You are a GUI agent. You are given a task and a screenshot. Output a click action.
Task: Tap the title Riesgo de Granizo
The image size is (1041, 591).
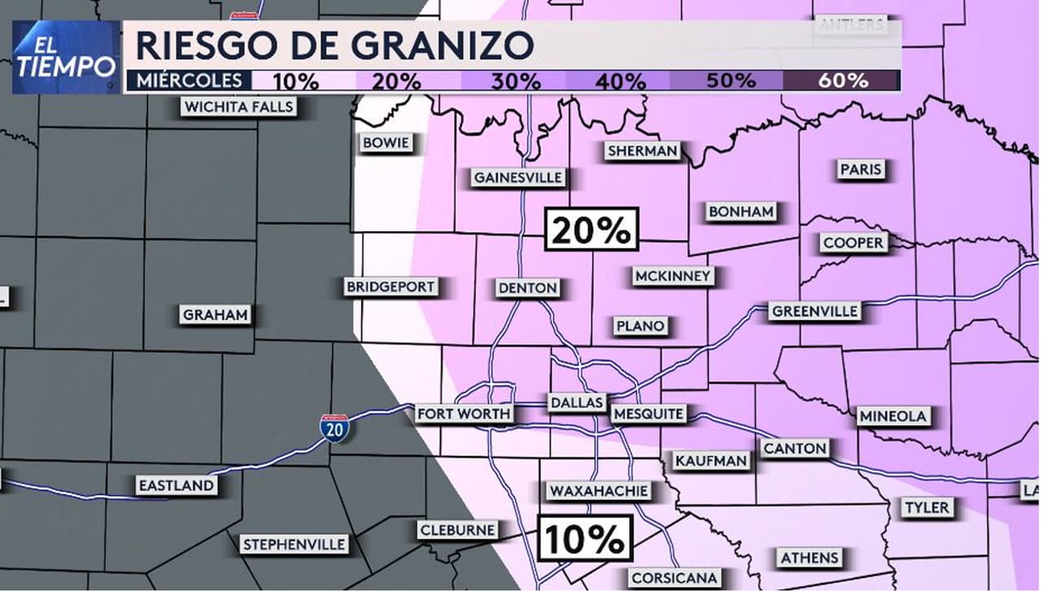point(334,45)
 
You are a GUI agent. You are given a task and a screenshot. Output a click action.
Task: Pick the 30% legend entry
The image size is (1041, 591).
point(516,81)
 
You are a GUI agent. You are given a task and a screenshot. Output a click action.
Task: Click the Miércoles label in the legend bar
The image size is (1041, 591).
point(189,80)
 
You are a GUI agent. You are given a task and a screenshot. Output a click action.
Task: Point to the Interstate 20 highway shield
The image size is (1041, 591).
point(334,427)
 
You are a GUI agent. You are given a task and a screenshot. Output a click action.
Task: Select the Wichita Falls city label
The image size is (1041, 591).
point(238,107)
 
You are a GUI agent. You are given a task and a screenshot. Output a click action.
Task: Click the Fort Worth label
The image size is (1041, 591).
point(464,414)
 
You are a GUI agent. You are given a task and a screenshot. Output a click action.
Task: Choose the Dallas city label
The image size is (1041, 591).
point(577,402)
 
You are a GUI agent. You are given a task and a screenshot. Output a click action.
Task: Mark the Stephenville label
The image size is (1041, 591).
point(294,544)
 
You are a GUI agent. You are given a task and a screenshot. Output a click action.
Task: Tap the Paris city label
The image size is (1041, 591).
point(860,169)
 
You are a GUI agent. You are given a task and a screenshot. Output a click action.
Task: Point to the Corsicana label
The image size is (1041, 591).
point(674,578)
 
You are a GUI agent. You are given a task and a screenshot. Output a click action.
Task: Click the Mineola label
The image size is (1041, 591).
point(893,416)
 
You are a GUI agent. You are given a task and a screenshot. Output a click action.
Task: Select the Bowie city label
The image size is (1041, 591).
point(385,143)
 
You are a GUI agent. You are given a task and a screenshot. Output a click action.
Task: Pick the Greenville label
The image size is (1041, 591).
point(814,311)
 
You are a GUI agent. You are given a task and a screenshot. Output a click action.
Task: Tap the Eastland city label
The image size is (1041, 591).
point(176,485)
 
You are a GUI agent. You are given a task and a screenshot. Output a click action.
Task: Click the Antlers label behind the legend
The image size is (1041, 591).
point(851,24)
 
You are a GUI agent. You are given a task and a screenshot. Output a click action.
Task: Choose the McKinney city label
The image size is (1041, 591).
point(673,276)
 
